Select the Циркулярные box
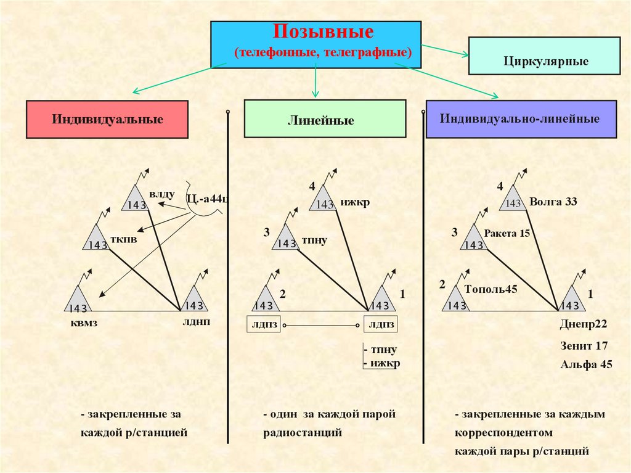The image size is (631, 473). click(x=545, y=62)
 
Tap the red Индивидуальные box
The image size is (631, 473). click(x=107, y=119)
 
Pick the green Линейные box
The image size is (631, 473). click(x=325, y=119)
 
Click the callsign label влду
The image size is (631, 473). click(x=163, y=194)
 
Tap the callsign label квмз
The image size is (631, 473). click(x=83, y=323)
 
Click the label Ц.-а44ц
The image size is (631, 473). click(x=207, y=198)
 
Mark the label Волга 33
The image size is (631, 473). click(x=553, y=201)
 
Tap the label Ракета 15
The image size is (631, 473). click(x=507, y=234)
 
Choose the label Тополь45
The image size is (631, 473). click(x=491, y=289)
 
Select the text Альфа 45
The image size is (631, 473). click(x=586, y=364)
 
